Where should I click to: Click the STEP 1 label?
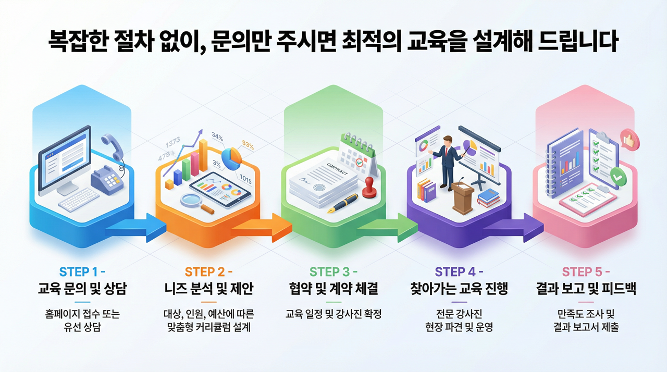tap(82, 272)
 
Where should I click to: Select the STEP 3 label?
tap(333, 272)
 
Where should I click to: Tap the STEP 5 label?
tap(586, 272)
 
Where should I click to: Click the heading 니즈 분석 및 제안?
tap(209, 288)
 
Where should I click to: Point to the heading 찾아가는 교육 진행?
tap(459, 288)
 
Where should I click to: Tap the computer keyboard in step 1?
tap(79, 200)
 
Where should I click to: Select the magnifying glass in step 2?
tap(197, 203)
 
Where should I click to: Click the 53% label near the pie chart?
tap(248, 145)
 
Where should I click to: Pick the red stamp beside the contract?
tap(369, 187)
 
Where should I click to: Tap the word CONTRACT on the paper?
tap(337, 169)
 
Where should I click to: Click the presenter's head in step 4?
tap(448, 141)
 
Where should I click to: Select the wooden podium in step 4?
tap(462, 197)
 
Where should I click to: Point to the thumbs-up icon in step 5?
tap(629, 140)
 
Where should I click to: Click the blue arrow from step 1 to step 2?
tap(136, 228)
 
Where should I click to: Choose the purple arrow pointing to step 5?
tap(513, 228)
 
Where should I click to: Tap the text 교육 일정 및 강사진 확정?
tap(333, 314)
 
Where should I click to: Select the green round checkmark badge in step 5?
tap(618, 176)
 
